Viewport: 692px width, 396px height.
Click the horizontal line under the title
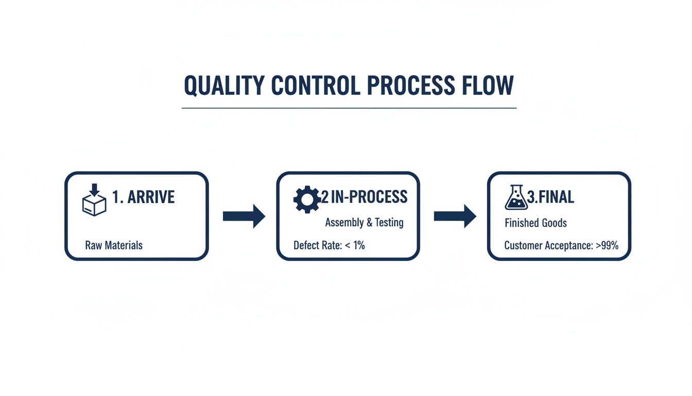click(x=349, y=108)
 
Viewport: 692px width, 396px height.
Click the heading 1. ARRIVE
click(x=143, y=197)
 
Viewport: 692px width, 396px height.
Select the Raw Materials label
click(x=114, y=245)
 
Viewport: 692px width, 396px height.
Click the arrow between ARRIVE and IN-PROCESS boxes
click(x=244, y=216)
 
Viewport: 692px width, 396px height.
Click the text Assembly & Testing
click(x=364, y=223)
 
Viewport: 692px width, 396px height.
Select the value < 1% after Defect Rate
click(x=355, y=245)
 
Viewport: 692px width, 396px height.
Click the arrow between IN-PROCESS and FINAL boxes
click(x=455, y=216)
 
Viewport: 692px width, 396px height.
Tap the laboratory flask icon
click(x=516, y=198)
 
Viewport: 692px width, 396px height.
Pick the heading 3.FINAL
click(x=551, y=197)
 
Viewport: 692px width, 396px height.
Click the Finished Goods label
click(x=535, y=223)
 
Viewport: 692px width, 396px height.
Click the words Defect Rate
click(x=317, y=245)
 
